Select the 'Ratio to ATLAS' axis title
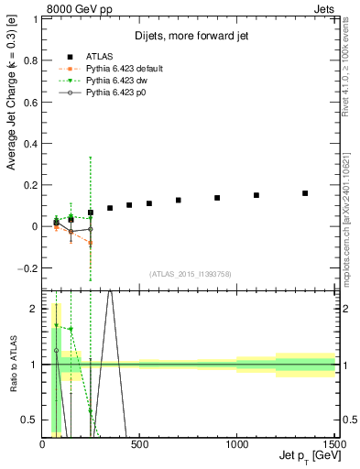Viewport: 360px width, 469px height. [12, 365]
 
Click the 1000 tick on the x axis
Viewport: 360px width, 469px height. [236, 444]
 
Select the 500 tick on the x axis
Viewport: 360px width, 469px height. [139, 444]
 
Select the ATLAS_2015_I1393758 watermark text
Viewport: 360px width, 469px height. [189, 274]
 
